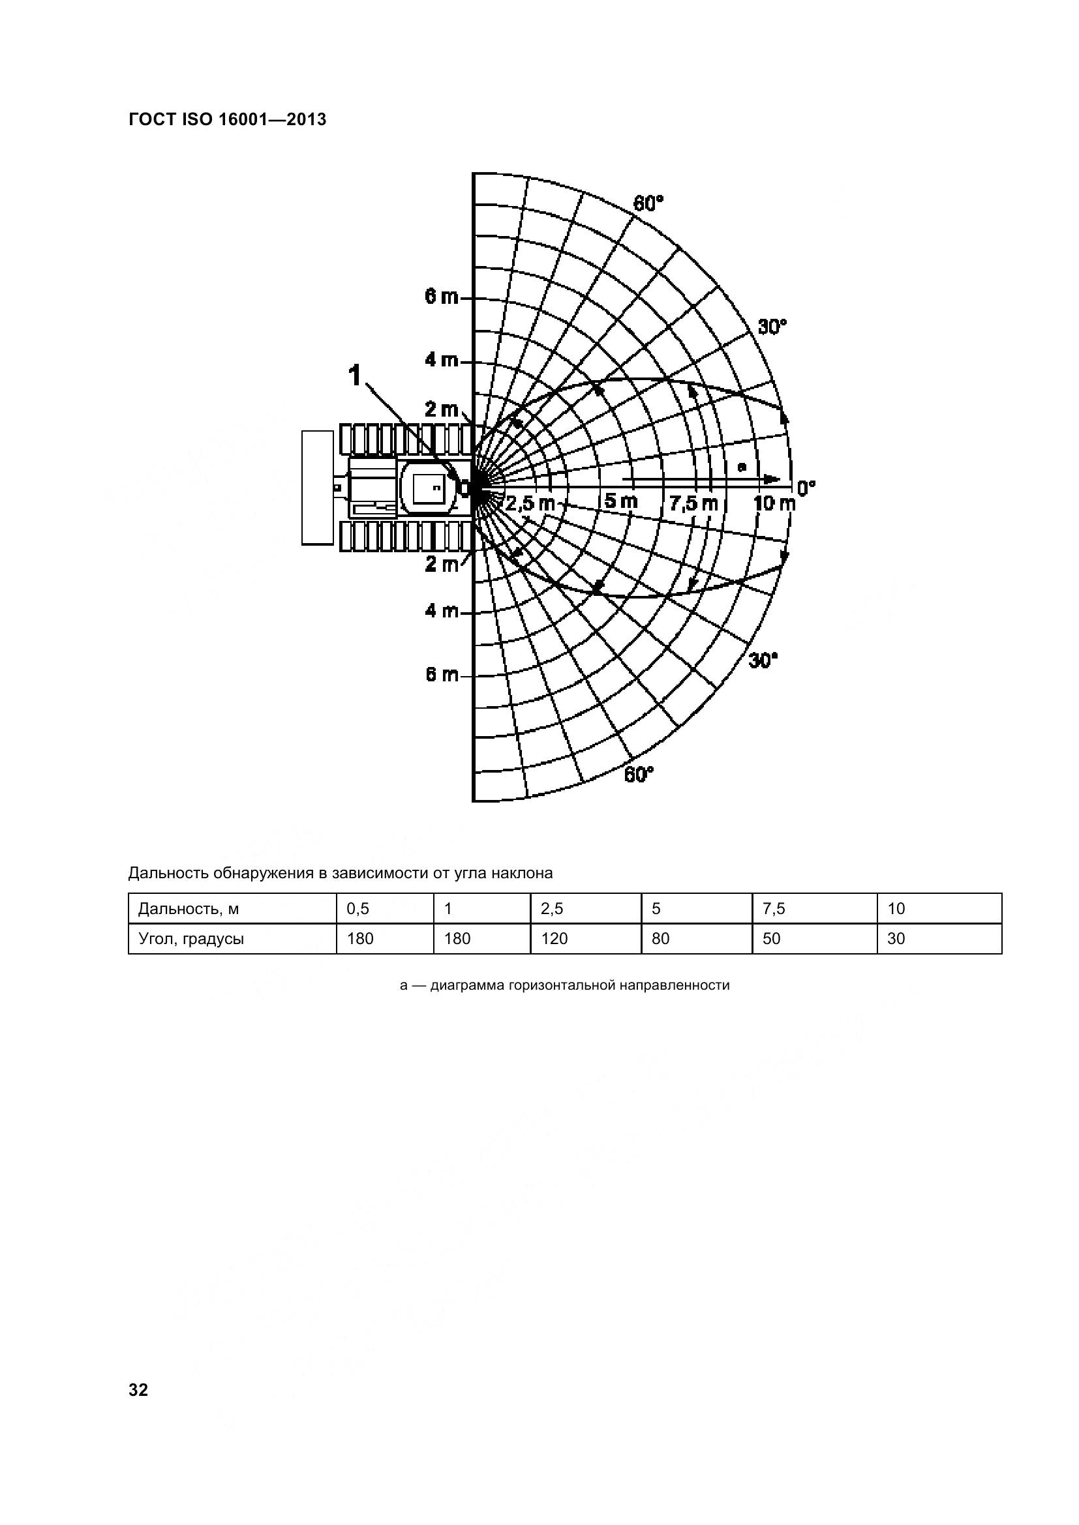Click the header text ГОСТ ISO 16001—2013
(x=227, y=119)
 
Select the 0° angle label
(x=805, y=488)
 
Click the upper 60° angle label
(x=648, y=203)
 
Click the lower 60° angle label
(x=639, y=775)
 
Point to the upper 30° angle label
(x=772, y=327)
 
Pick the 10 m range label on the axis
(x=774, y=503)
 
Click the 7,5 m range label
(x=693, y=503)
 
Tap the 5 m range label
(x=621, y=501)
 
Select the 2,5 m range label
(x=529, y=503)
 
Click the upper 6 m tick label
(x=442, y=297)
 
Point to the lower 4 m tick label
(x=442, y=610)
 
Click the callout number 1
(x=356, y=376)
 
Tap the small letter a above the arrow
(x=742, y=467)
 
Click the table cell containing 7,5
(x=774, y=908)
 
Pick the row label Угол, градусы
(x=190, y=938)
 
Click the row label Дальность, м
(x=188, y=908)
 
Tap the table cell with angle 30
(x=896, y=938)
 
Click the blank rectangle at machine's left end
(x=318, y=488)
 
